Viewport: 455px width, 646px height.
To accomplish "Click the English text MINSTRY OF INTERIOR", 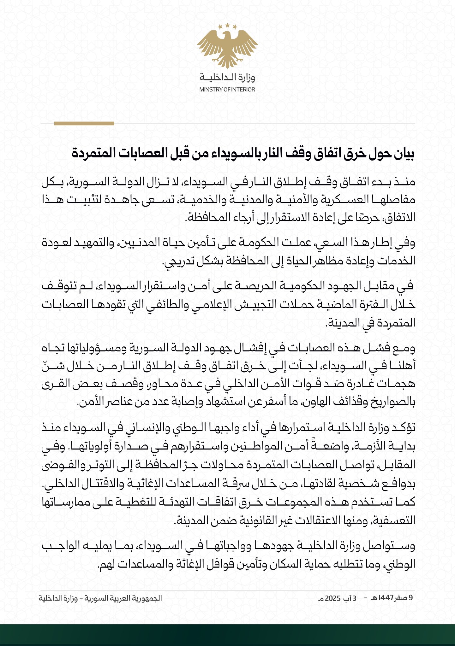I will [227, 90].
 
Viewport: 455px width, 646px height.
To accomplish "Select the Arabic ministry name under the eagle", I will [227, 78].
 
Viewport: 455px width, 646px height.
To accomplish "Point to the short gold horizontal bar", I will [84, 123].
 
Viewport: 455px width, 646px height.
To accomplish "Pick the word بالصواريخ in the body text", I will [394, 403].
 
